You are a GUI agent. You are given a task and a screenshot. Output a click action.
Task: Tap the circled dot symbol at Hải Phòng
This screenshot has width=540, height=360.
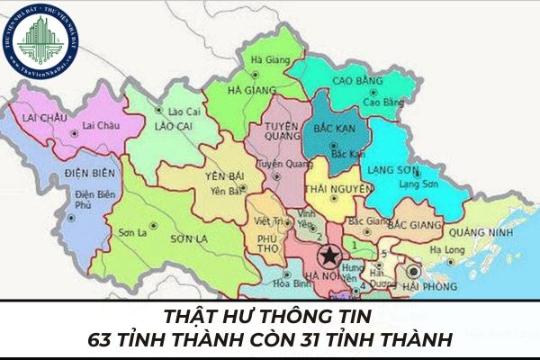pos(414,270)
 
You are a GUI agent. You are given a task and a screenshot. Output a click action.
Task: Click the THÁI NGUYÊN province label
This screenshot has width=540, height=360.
pos(339,189)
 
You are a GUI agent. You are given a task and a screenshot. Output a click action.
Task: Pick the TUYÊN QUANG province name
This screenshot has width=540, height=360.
pos(282,131)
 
